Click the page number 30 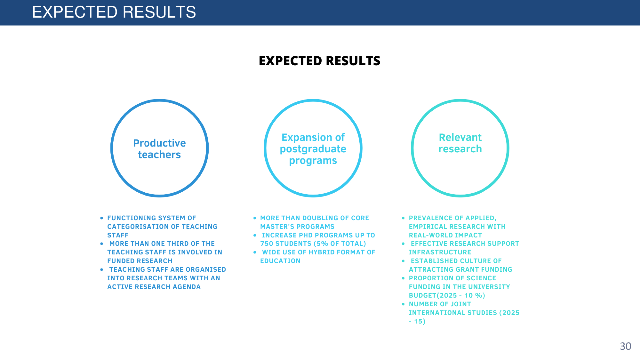click(625, 346)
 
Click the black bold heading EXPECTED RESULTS click(320, 61)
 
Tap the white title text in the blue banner click(114, 12)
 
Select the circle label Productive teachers click(159, 149)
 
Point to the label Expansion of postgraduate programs click(313, 149)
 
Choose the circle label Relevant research click(460, 143)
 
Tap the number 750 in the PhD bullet click(267, 244)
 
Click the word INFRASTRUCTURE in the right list click(440, 252)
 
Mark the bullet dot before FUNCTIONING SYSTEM click(101, 218)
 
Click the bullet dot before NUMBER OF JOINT click(403, 304)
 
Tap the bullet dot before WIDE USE click(255, 252)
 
